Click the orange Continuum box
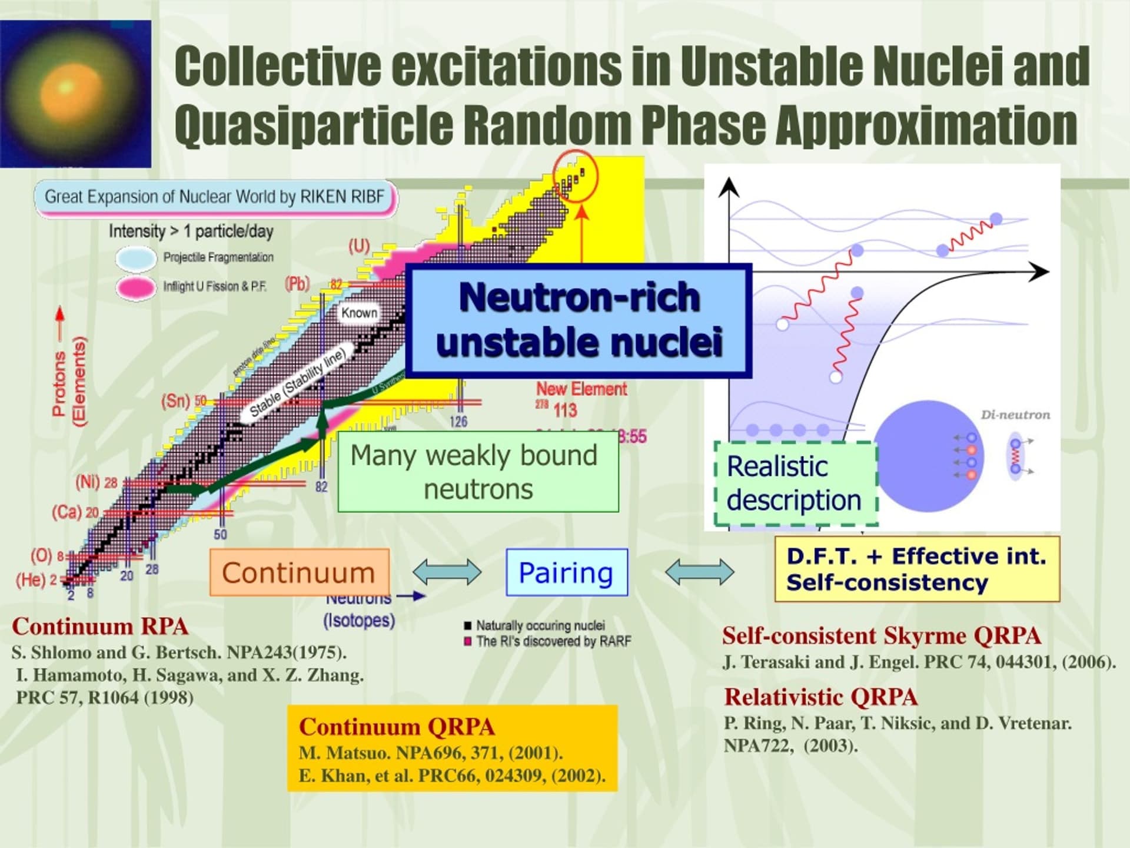(x=299, y=572)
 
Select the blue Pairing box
(x=566, y=572)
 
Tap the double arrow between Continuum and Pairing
(x=447, y=572)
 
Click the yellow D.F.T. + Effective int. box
(x=916, y=569)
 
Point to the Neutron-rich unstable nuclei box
(x=579, y=321)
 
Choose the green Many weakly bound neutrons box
(x=478, y=472)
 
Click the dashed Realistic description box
(x=795, y=483)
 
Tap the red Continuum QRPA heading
(x=397, y=727)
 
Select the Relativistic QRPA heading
(x=820, y=697)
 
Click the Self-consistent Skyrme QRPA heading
(x=882, y=636)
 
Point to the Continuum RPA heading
(x=100, y=627)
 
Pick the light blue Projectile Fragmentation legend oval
(x=136, y=258)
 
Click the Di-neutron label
(x=1015, y=415)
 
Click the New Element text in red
(x=581, y=389)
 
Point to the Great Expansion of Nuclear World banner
(x=215, y=197)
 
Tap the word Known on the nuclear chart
(x=359, y=313)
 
